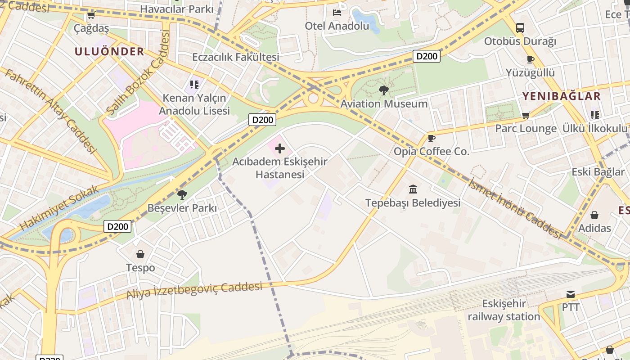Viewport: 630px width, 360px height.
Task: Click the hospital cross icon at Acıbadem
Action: (280, 148)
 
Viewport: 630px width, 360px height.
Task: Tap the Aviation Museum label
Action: (384, 104)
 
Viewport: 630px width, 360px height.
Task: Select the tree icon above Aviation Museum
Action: (383, 90)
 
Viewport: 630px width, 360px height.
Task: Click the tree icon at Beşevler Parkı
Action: (182, 194)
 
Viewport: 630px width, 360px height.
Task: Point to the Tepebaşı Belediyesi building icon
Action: (413, 189)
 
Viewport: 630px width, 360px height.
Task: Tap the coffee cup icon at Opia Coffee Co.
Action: (431, 138)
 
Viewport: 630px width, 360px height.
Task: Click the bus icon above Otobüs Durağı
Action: (520, 27)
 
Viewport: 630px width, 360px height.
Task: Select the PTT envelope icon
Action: (571, 294)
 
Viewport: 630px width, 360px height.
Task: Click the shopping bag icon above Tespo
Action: (140, 254)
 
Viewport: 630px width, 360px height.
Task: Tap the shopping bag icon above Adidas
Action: (594, 215)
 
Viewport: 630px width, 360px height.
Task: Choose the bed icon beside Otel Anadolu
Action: (337, 12)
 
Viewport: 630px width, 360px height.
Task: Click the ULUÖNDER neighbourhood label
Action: (109, 51)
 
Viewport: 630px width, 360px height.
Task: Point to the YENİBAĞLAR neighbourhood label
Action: (561, 96)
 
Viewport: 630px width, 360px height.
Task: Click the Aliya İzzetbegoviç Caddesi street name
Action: (194, 291)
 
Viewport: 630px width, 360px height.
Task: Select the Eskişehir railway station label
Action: (504, 310)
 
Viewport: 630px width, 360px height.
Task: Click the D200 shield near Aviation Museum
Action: (426, 56)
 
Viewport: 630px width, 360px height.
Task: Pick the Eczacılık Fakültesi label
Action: (236, 57)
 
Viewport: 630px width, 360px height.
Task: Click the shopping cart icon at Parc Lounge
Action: (526, 115)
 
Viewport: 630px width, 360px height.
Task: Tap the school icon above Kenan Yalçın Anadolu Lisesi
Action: (194, 84)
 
